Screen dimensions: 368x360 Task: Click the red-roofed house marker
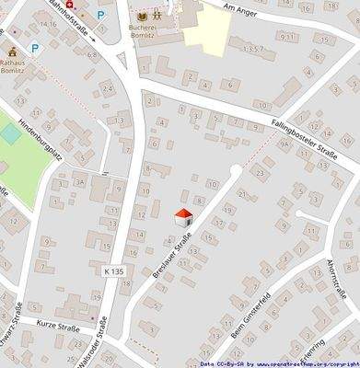pos(183,218)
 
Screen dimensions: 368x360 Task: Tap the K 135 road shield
pos(114,271)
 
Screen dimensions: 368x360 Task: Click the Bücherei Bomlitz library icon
pos(142,16)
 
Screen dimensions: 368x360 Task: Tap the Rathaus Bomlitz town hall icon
pos(13,53)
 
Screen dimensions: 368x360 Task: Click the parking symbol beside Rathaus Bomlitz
pos(35,48)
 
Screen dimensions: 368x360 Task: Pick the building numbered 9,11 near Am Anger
pos(289,37)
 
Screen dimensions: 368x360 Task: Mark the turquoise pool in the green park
pos(10,133)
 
